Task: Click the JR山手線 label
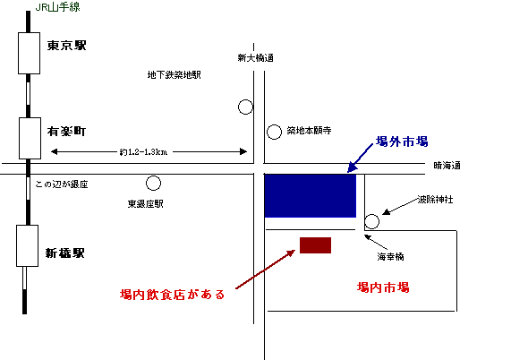pos(57,7)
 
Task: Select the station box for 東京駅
pos(29,53)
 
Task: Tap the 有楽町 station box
pos(30,138)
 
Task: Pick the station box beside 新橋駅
pos(27,245)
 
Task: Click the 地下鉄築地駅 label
pos(175,74)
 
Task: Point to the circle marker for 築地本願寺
pos(274,132)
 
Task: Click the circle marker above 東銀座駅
pos(153,184)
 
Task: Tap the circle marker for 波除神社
pos(371,221)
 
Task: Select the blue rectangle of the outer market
pos(311,196)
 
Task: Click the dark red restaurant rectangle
pos(315,245)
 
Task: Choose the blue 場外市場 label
pos(402,141)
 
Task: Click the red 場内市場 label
pos(383,287)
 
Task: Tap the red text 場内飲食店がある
pos(172,295)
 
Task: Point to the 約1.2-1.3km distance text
pos(143,152)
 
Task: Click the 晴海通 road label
pos(447,166)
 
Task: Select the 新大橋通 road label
pos(255,58)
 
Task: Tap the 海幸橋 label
pos(390,257)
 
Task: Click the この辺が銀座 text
pos(62,184)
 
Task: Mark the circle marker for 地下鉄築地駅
pos(245,107)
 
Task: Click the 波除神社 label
pos(435,199)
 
